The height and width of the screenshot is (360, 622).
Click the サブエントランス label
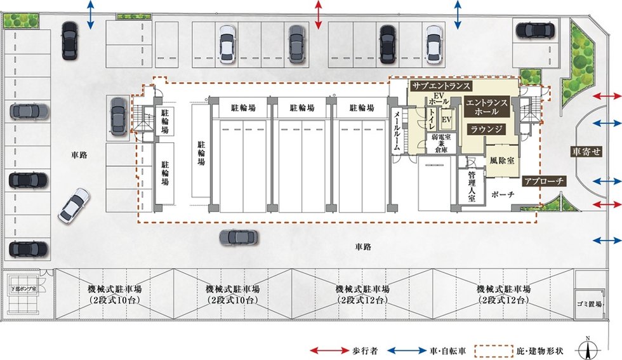point(440,86)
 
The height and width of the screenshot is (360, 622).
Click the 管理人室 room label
point(471,186)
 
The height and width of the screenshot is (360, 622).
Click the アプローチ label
point(543,182)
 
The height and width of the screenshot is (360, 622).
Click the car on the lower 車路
point(238,238)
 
